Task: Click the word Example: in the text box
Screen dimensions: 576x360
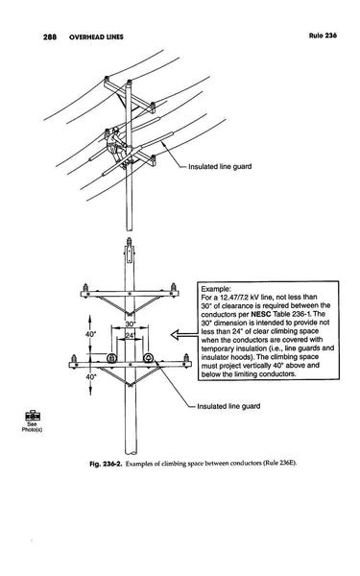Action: pos(217,288)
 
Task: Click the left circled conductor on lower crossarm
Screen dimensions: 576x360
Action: pos(110,360)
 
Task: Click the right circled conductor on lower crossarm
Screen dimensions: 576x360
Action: pos(149,360)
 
